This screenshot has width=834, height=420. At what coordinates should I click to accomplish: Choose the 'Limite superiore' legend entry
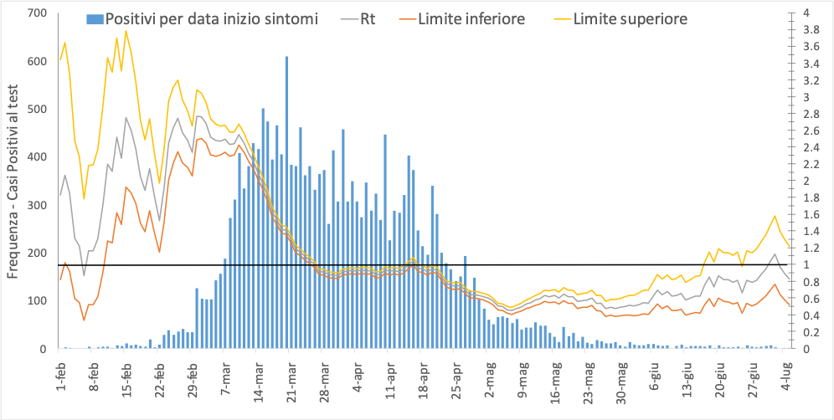coord(630,18)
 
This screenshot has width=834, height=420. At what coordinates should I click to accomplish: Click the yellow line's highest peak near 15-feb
coord(126,31)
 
